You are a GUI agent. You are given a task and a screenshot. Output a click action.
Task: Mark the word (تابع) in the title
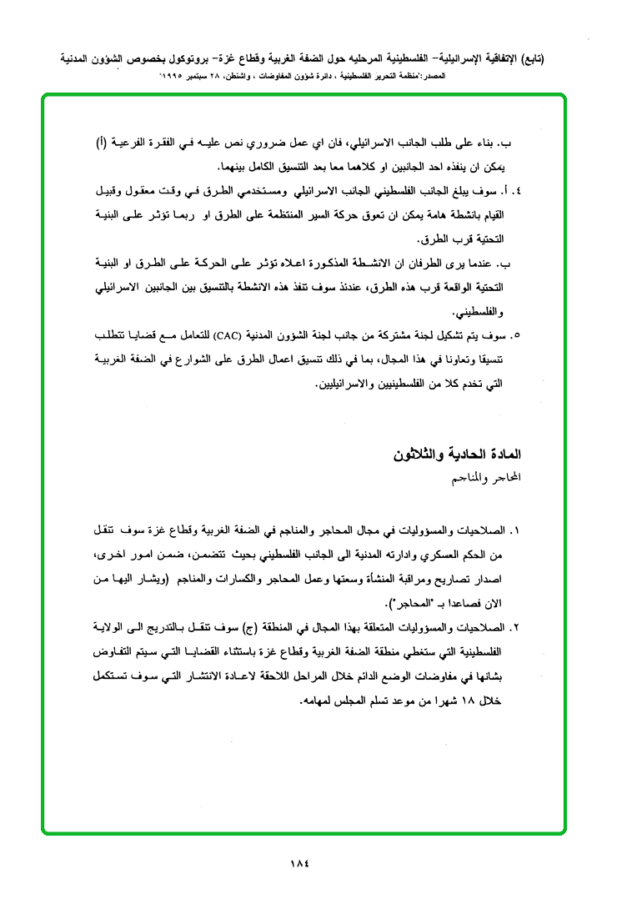533,60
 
